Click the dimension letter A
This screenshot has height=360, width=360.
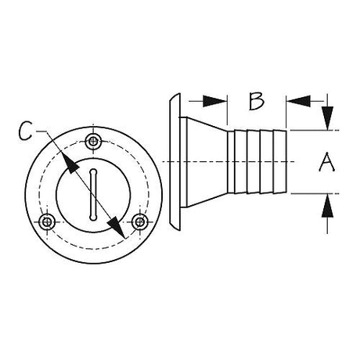click(327, 162)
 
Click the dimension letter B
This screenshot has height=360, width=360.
click(257, 101)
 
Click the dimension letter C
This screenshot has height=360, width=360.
click(26, 131)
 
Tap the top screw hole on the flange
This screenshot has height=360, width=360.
click(93, 142)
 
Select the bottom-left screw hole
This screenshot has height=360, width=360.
click(47, 222)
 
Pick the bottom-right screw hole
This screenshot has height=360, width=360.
click(139, 222)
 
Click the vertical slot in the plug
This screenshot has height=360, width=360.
click(93, 195)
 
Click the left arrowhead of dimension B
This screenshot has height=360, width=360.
click(215, 101)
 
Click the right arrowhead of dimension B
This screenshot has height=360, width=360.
click(298, 101)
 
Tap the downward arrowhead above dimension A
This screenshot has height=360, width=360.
click(327, 118)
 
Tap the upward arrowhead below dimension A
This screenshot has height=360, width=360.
click(327, 206)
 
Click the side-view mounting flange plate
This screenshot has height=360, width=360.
click(175, 162)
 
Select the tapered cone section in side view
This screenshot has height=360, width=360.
click(207, 162)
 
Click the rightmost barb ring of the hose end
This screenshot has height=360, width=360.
click(280, 162)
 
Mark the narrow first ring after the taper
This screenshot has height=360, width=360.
click(231, 162)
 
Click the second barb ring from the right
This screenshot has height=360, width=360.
click(267, 162)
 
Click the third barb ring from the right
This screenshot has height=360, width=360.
click(254, 162)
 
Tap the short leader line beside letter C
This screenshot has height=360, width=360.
click(41, 131)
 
